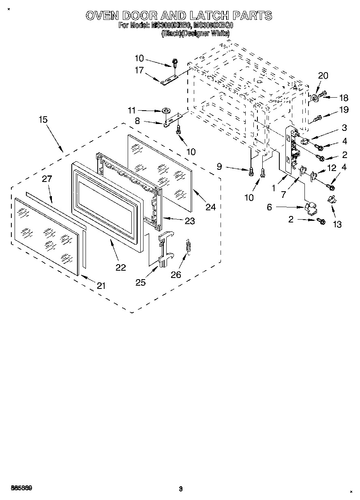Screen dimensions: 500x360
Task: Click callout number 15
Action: tap(43, 120)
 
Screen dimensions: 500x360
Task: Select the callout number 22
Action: tap(121, 267)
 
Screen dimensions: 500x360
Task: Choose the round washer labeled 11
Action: tap(166, 110)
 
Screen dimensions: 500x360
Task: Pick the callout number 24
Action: tap(210, 207)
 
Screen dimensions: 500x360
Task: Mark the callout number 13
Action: tap(337, 224)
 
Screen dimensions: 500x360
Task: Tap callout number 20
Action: tap(323, 75)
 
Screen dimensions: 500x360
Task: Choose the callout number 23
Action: tap(189, 221)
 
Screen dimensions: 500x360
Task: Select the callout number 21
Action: tap(101, 285)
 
